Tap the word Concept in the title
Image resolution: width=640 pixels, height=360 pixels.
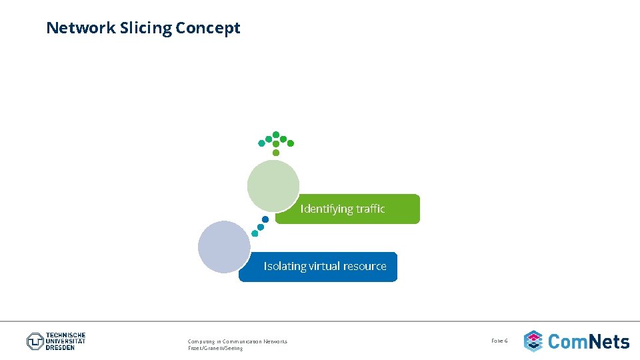click(208, 28)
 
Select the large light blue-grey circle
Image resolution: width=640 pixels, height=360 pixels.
click(224, 247)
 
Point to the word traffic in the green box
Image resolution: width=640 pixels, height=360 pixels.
click(371, 209)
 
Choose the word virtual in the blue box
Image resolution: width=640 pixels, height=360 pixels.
click(323, 266)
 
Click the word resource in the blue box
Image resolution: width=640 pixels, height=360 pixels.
click(365, 266)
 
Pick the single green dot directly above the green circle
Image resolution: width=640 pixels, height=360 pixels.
click(276, 153)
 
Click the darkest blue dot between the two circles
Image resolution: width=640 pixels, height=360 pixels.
click(265, 219)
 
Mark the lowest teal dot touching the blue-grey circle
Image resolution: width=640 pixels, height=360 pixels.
click(255, 233)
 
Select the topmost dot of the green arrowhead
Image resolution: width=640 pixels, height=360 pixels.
click(276, 135)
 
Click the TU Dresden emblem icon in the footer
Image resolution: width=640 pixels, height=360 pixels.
click(35, 341)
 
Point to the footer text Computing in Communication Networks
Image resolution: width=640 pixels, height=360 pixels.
click(237, 341)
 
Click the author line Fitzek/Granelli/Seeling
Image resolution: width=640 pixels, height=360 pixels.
click(215, 348)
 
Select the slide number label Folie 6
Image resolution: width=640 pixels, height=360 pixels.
click(499, 341)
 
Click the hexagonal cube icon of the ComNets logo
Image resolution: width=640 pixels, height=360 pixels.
click(533, 341)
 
